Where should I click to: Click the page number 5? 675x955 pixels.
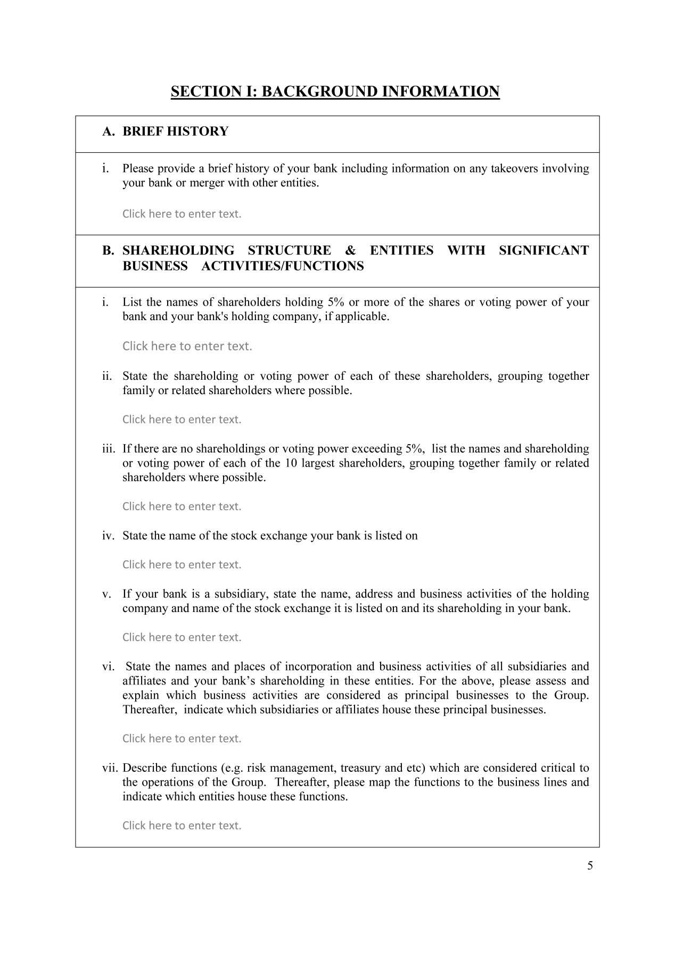pyautogui.click(x=590, y=866)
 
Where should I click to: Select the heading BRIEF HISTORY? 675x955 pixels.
pyautogui.click(x=175, y=131)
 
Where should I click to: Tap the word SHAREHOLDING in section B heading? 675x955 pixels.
pyautogui.click(x=178, y=250)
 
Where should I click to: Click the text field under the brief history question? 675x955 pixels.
pyautogui.click(x=182, y=214)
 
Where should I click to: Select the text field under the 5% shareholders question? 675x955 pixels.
pyautogui.click(x=187, y=346)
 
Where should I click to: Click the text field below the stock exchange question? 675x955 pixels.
pyautogui.click(x=182, y=565)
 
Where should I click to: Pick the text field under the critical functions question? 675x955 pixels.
pyautogui.click(x=182, y=826)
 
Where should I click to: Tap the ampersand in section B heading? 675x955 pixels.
pyautogui.click(x=350, y=250)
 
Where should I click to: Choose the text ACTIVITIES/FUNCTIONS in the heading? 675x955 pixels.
pyautogui.click(x=283, y=266)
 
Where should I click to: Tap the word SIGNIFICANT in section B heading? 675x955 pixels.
pyautogui.click(x=544, y=250)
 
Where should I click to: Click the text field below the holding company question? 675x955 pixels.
pyautogui.click(x=182, y=638)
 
